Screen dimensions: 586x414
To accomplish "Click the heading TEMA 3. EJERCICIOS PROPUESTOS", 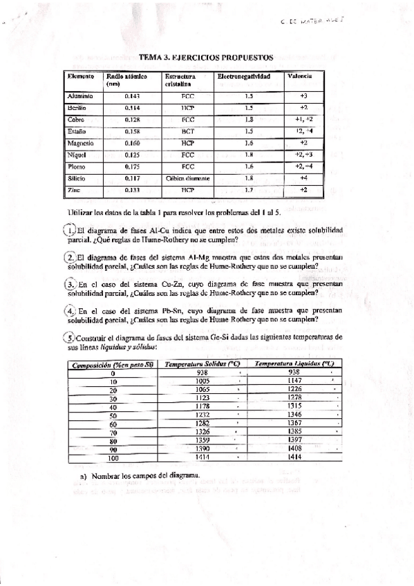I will tap(206, 58).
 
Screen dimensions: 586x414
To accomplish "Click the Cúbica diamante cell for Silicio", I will tap(187, 178).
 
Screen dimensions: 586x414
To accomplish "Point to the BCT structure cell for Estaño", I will tap(187, 131).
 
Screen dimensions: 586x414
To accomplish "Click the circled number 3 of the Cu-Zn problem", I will tap(69, 284).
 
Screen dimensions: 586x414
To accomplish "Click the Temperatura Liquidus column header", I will tap(294, 363).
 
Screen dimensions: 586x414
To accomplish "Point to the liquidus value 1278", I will tap(294, 398).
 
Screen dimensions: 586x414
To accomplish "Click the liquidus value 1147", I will tap(294, 381).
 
